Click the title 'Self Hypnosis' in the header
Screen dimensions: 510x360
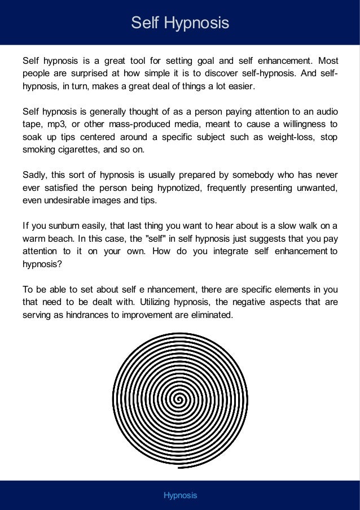[180, 23]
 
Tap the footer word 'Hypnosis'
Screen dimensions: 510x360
[180, 495]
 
